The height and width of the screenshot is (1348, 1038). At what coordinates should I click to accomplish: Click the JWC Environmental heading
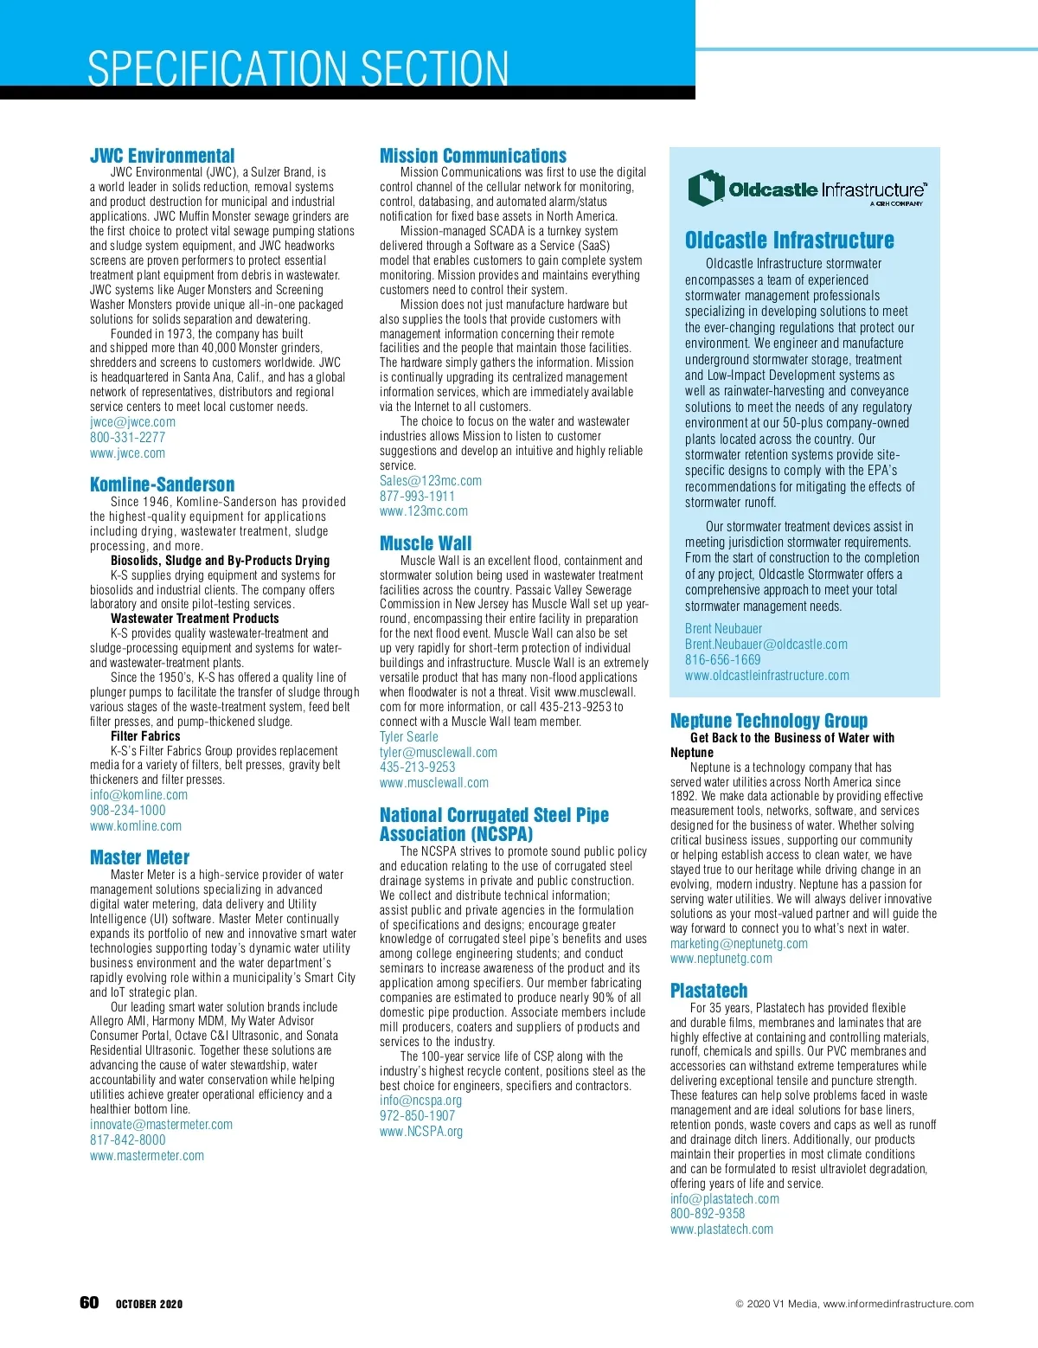[162, 156]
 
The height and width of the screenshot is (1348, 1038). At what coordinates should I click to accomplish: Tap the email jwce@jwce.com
[132, 422]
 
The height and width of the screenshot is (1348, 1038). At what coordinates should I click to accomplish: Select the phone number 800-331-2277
[127, 438]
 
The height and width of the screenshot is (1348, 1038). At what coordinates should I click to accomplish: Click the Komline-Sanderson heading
[162, 485]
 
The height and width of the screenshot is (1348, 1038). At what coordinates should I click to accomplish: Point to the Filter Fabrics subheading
[145, 736]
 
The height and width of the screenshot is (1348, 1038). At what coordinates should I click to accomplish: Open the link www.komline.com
[136, 826]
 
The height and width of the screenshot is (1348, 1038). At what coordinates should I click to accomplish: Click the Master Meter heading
[139, 857]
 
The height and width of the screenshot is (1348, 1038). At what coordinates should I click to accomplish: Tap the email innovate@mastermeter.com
[161, 1125]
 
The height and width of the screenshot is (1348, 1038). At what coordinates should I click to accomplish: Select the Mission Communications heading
[473, 156]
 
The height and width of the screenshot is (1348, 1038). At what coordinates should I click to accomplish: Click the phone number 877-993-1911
[417, 497]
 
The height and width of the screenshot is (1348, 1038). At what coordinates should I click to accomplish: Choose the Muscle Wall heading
[426, 543]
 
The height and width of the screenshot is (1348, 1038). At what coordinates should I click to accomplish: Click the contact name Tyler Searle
[409, 737]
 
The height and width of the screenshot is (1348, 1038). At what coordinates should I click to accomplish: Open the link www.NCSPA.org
[421, 1132]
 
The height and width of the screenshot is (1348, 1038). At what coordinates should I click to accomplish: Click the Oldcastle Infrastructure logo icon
[706, 187]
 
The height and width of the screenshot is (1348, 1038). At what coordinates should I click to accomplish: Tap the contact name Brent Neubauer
[724, 629]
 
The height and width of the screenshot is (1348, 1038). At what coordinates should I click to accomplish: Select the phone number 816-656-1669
[723, 660]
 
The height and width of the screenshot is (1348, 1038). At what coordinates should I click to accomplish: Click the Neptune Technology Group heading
[769, 721]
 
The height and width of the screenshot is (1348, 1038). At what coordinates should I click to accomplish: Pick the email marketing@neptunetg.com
[739, 944]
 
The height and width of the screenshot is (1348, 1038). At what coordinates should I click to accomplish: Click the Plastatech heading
[709, 991]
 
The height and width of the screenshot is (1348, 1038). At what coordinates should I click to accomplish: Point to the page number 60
[89, 1303]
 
